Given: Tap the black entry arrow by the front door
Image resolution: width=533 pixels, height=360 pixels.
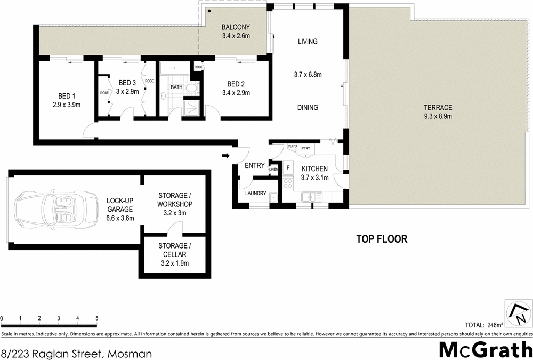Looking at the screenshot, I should coord(225,156).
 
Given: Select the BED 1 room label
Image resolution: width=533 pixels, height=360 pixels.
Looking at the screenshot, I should coord(66,96).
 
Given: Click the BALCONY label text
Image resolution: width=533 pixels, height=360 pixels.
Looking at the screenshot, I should coord(236,28).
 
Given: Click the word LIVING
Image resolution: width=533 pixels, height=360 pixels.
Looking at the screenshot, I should coord(308,42).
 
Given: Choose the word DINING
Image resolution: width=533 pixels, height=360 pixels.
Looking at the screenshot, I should coord(308,108).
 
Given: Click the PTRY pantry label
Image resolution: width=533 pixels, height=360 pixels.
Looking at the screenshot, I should coord(305,148).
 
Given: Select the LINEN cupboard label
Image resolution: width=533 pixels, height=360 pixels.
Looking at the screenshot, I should coord(273,170).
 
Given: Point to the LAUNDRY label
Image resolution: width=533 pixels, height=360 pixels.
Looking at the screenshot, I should coord(255,193).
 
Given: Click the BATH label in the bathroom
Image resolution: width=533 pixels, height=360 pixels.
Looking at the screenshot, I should coord(176,87).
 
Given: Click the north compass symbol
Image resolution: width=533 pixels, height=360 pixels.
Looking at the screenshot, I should coord(517,313).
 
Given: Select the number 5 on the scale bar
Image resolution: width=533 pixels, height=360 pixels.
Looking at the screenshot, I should coord(96,318).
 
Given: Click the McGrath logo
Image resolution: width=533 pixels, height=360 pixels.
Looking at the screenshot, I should coord(485,350).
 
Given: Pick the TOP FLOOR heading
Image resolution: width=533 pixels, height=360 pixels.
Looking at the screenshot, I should coord(382,239).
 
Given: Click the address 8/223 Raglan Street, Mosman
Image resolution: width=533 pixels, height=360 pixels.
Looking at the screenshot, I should coord(77,353).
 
